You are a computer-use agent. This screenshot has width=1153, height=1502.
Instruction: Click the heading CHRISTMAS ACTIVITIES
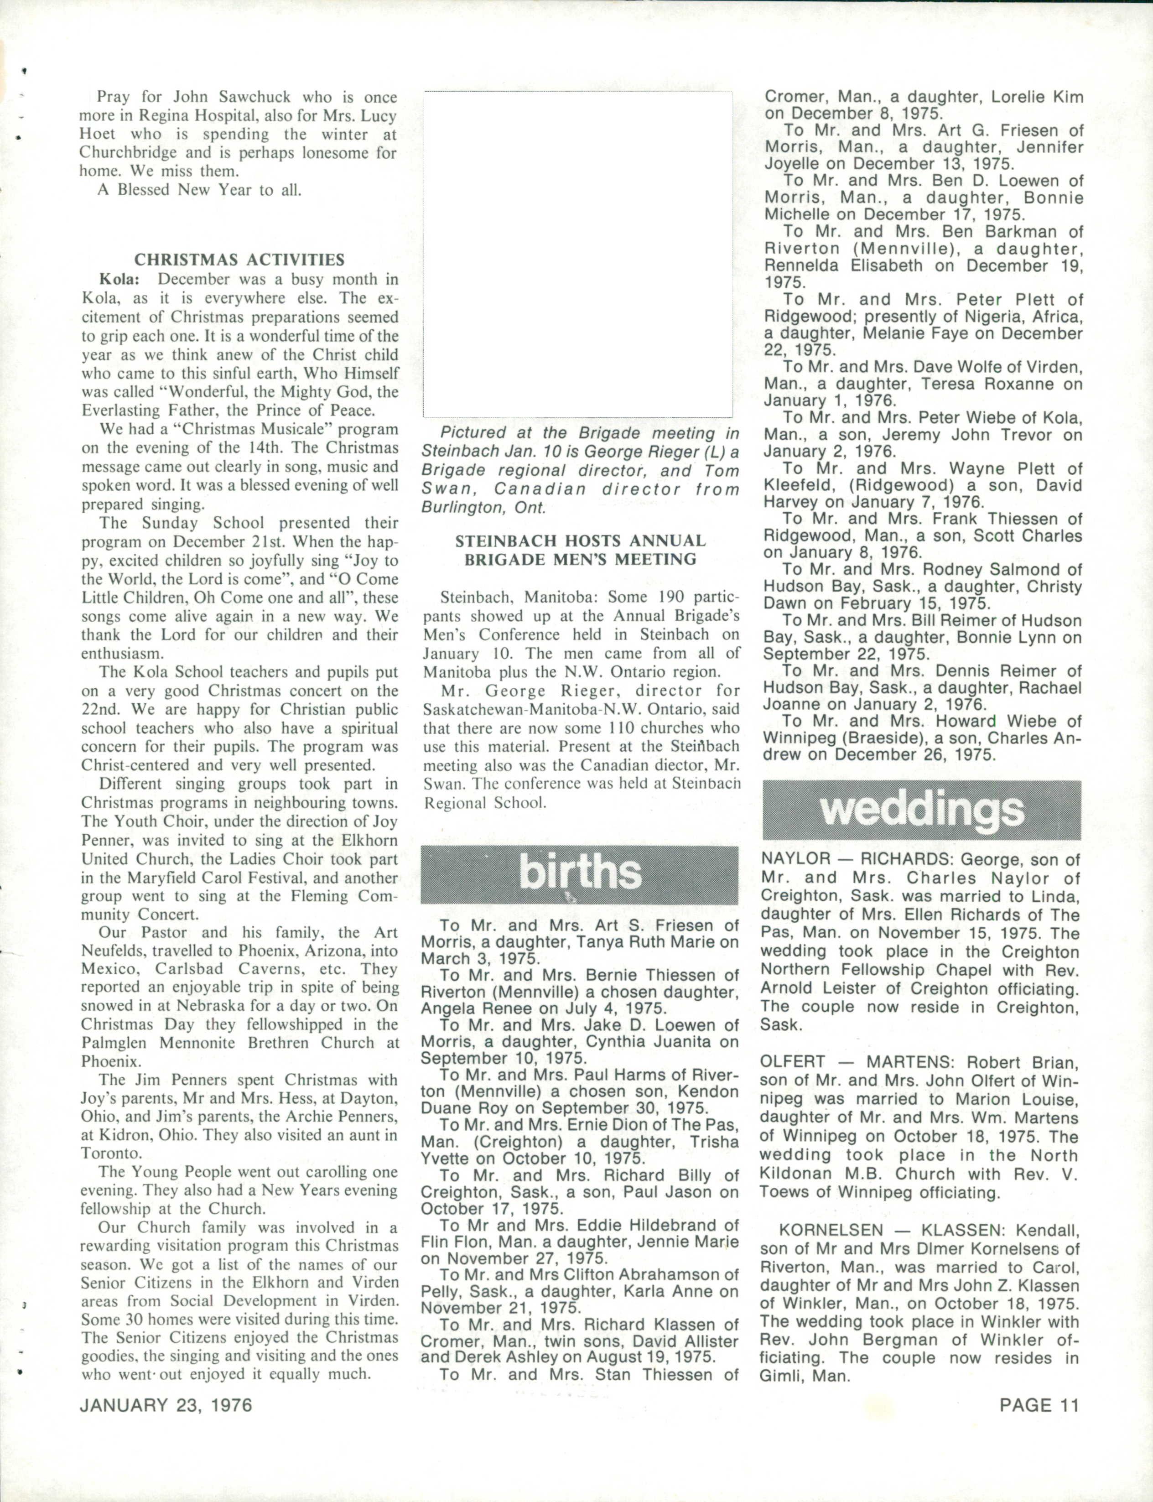239,260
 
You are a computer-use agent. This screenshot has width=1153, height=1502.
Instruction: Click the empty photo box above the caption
578,254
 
